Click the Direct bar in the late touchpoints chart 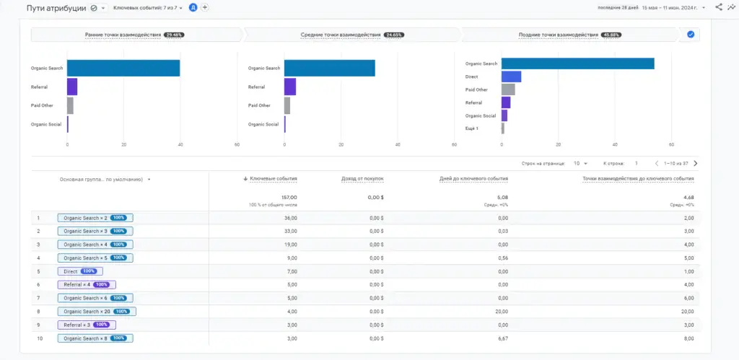tap(511, 76)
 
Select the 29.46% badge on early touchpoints tap(174, 35)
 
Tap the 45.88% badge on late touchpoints tap(611, 35)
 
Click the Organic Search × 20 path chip tap(97, 312)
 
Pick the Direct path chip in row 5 tap(80, 271)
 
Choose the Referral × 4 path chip tap(86, 285)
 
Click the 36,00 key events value tap(289, 218)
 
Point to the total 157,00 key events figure tap(289, 197)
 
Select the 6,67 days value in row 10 tap(502, 338)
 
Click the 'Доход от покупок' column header tap(362, 178)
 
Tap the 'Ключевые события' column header tap(273, 178)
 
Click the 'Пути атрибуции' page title tap(57, 8)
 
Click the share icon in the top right tap(718, 7)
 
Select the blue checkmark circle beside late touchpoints tap(691, 35)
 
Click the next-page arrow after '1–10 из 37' tap(695, 164)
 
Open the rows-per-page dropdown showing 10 tap(580, 164)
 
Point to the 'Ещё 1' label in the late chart tap(472, 128)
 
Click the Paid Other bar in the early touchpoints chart tap(70, 105)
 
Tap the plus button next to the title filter tap(205, 7)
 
